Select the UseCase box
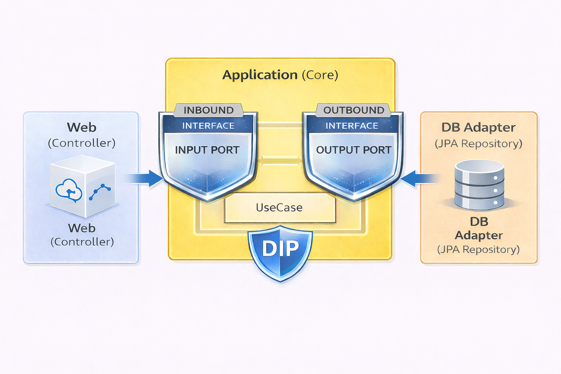coord(279,208)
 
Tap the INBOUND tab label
coord(208,110)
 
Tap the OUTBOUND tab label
coord(353,110)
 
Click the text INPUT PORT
coord(207,150)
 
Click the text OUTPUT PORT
coord(353,150)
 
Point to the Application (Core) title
coord(280,75)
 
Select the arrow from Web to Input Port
coord(144,178)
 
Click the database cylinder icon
coord(479,185)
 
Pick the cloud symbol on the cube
coord(69,190)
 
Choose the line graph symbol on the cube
coord(100,192)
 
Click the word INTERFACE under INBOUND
coord(208,126)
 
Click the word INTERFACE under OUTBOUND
coord(351,126)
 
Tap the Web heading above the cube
coord(82,127)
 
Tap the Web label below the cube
coord(82,228)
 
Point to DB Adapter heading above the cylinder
coord(478,127)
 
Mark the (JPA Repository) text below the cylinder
coord(478,250)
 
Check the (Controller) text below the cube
coord(82,242)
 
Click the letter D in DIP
coord(268,249)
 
